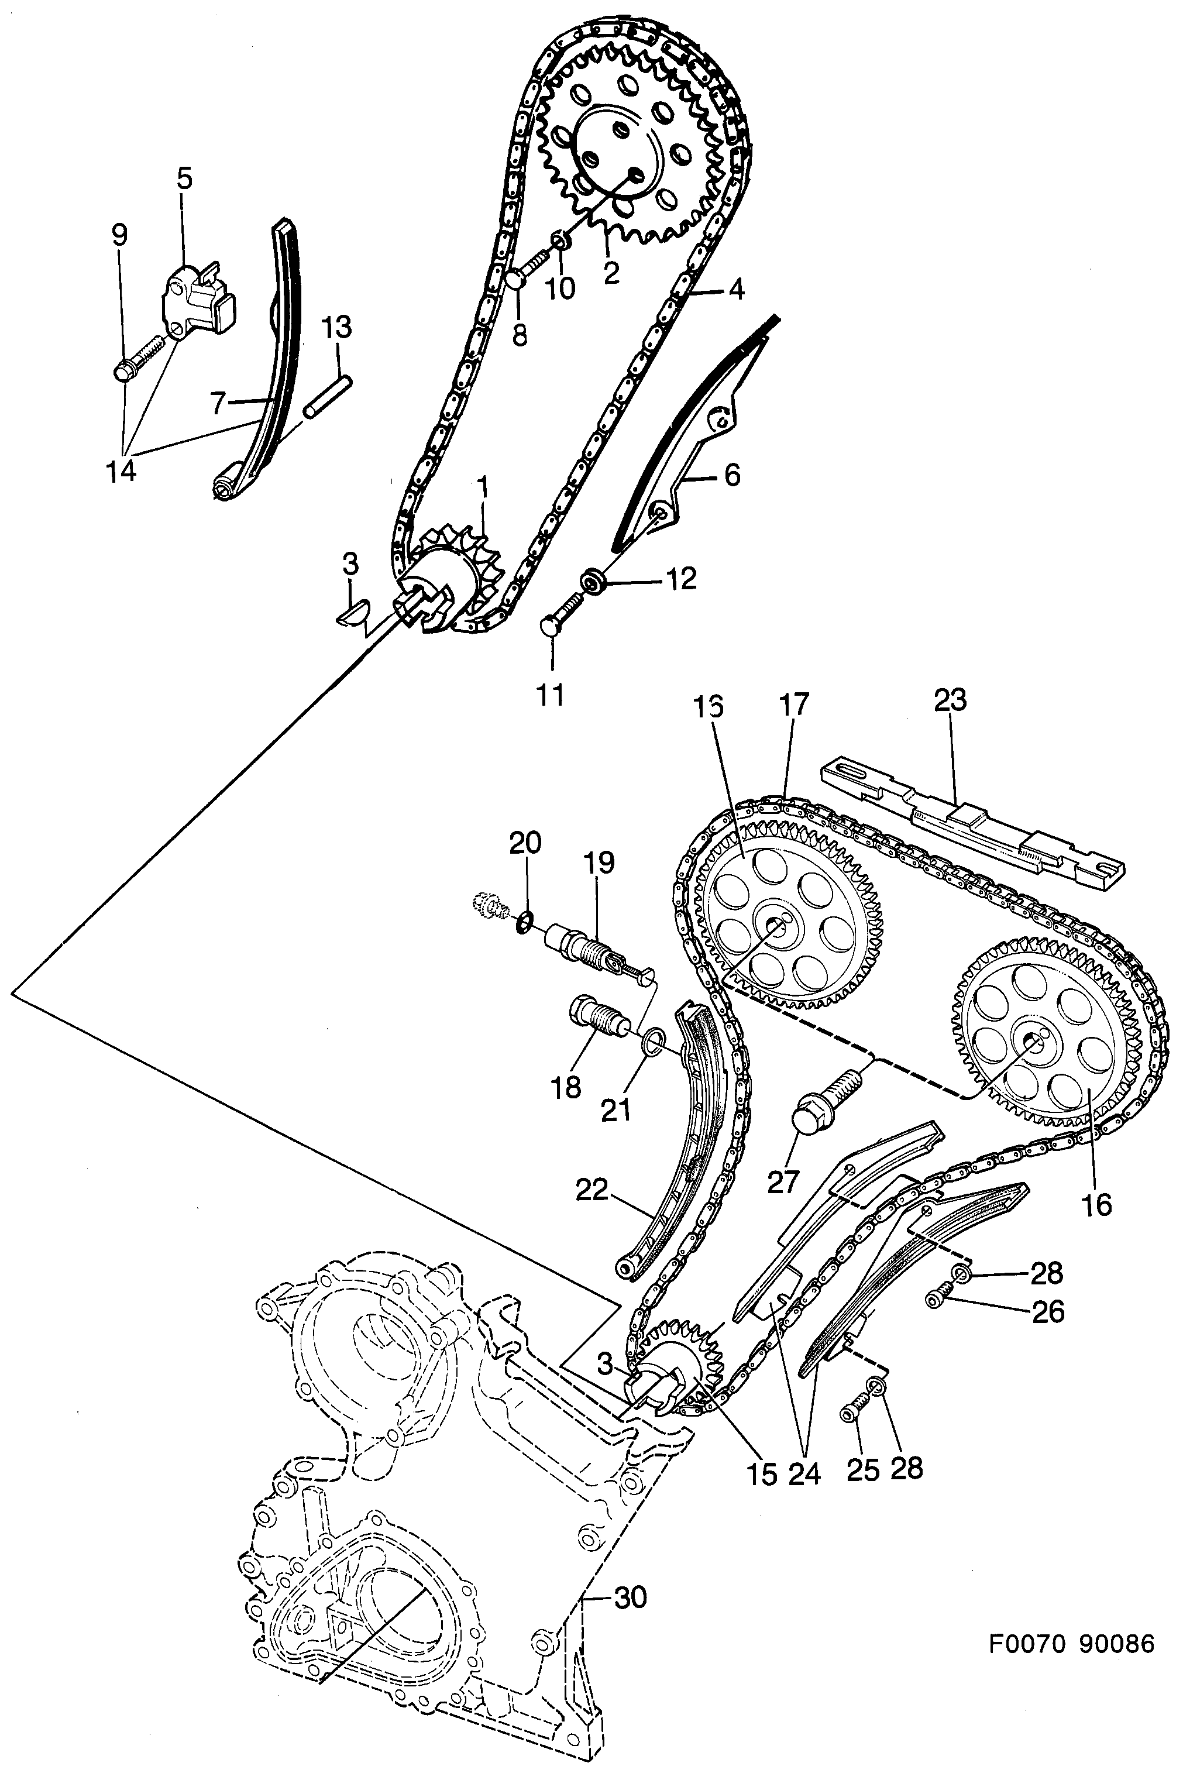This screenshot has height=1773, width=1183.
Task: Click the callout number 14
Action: coord(121,472)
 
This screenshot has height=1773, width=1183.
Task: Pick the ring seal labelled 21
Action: coord(654,1043)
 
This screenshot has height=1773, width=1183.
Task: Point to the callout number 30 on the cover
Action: coord(630,1597)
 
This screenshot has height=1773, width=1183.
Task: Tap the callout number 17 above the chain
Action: coord(794,704)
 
